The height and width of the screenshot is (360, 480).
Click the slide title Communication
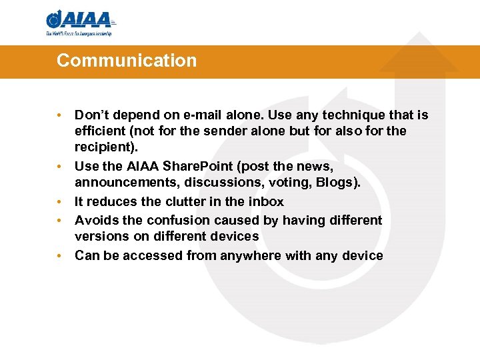click(127, 61)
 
